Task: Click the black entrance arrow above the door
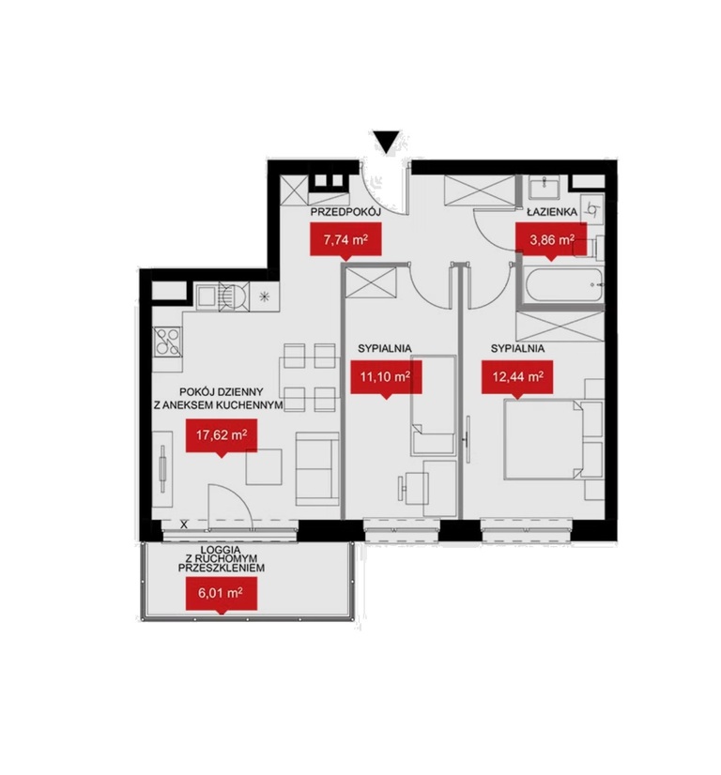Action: pyautogui.click(x=388, y=141)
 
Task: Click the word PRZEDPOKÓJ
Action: pyautogui.click(x=345, y=213)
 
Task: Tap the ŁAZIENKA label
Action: pyautogui.click(x=552, y=212)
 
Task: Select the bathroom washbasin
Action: pyautogui.click(x=544, y=188)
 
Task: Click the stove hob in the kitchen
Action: pyautogui.click(x=167, y=342)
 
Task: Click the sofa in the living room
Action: pyautogui.click(x=317, y=468)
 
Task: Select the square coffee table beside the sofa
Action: pyautogui.click(x=265, y=466)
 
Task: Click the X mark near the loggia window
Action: pyautogui.click(x=184, y=524)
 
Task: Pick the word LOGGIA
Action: pyautogui.click(x=221, y=550)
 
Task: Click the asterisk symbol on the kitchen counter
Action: pyautogui.click(x=265, y=296)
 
